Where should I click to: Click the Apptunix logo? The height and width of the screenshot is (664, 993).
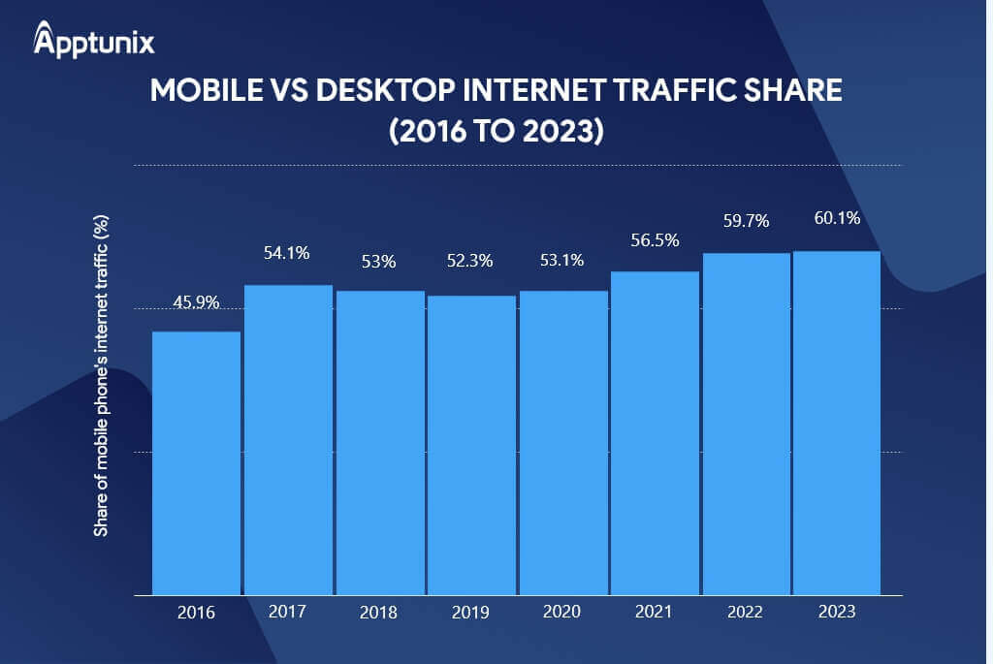[93, 41]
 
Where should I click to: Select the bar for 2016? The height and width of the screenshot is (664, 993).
[197, 462]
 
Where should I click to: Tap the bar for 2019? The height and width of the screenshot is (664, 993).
[471, 445]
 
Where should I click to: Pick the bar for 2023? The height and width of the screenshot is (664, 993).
[837, 423]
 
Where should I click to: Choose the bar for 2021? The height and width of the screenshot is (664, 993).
[655, 432]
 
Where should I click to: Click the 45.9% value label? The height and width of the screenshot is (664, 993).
[196, 302]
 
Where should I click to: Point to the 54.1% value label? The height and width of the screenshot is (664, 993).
[286, 254]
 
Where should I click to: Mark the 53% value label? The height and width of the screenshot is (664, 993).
[379, 261]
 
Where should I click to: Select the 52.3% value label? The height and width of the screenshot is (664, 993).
[470, 261]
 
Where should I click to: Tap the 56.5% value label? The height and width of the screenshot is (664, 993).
[655, 240]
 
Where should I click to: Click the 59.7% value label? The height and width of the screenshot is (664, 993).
[746, 221]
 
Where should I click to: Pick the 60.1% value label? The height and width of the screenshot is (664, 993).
[837, 218]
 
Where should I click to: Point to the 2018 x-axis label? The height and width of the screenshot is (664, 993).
[379, 613]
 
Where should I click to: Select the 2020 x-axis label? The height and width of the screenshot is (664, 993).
[562, 613]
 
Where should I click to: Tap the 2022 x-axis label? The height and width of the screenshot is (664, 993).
[746, 613]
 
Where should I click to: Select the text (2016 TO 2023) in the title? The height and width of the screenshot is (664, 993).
[496, 131]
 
